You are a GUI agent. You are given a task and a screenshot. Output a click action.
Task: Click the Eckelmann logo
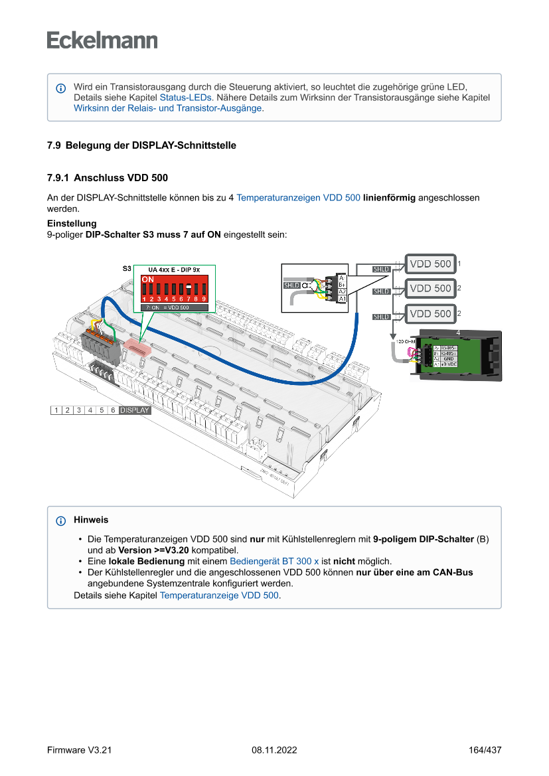coord(102,40)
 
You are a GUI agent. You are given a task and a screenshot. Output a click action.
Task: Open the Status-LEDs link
coord(185,97)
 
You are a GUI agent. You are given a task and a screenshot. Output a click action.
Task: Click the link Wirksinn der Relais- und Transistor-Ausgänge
coord(168,108)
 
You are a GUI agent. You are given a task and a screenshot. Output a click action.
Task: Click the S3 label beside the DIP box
coord(127,270)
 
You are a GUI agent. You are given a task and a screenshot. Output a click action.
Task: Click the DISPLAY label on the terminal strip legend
coord(135,410)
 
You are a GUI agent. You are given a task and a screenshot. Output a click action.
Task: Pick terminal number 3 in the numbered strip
coord(79,410)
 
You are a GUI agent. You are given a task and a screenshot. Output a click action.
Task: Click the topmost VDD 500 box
coord(430,264)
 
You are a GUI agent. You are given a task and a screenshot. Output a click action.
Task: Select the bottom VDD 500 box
coord(430,313)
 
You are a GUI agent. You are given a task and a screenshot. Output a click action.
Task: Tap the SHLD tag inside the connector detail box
coord(291,285)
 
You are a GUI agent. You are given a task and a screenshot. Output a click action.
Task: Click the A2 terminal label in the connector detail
coord(342,291)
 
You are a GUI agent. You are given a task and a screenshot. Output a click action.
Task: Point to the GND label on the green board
coord(448,358)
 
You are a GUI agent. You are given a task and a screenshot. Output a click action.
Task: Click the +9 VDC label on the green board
coord(449,364)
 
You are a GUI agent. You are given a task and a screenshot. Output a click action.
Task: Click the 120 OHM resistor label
coord(405,341)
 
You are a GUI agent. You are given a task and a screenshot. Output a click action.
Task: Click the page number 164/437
coord(485,750)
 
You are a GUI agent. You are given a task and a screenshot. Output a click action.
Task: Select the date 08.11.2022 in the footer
coord(274,750)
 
